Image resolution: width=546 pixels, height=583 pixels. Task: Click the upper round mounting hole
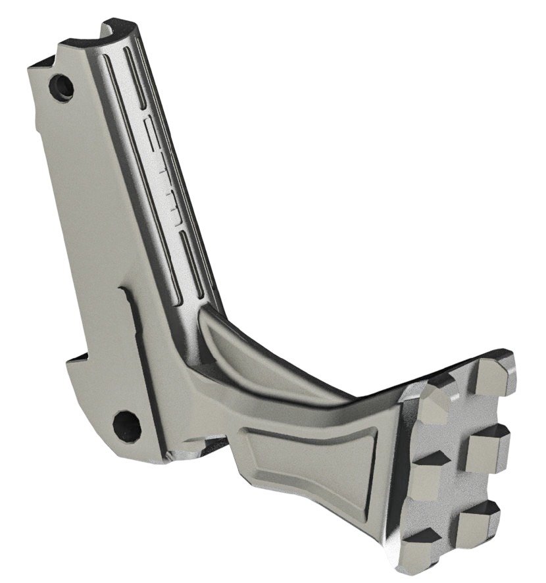tap(63, 86)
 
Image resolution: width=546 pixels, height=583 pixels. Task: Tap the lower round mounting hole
tap(126, 425)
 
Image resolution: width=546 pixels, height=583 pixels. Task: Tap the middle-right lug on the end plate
tap(487, 447)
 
